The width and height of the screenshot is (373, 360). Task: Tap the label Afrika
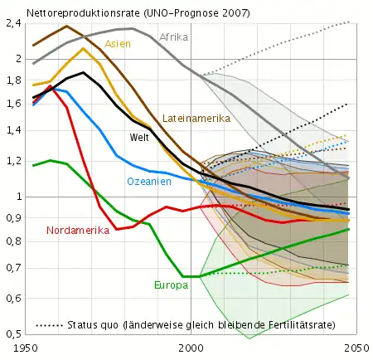(x=173, y=37)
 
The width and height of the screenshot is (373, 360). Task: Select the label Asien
(x=117, y=44)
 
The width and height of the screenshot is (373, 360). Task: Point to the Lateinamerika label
(x=196, y=119)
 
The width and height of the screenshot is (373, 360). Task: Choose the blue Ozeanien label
(x=149, y=181)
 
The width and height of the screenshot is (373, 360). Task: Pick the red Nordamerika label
(x=78, y=231)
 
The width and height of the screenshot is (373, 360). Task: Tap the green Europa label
(x=171, y=285)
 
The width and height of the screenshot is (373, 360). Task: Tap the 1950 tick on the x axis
(x=27, y=349)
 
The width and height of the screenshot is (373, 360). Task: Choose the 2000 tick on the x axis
(x=191, y=349)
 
